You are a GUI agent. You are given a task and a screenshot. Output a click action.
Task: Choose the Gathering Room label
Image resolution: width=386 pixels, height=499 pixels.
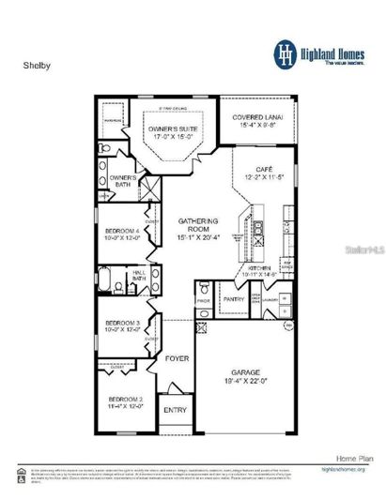(198, 224)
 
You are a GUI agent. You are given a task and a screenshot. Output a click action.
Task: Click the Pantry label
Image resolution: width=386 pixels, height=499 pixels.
(233, 300)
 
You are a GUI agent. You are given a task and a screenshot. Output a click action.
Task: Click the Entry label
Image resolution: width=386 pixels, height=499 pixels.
(176, 410)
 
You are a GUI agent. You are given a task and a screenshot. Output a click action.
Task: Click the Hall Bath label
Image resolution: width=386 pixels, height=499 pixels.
(139, 274)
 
